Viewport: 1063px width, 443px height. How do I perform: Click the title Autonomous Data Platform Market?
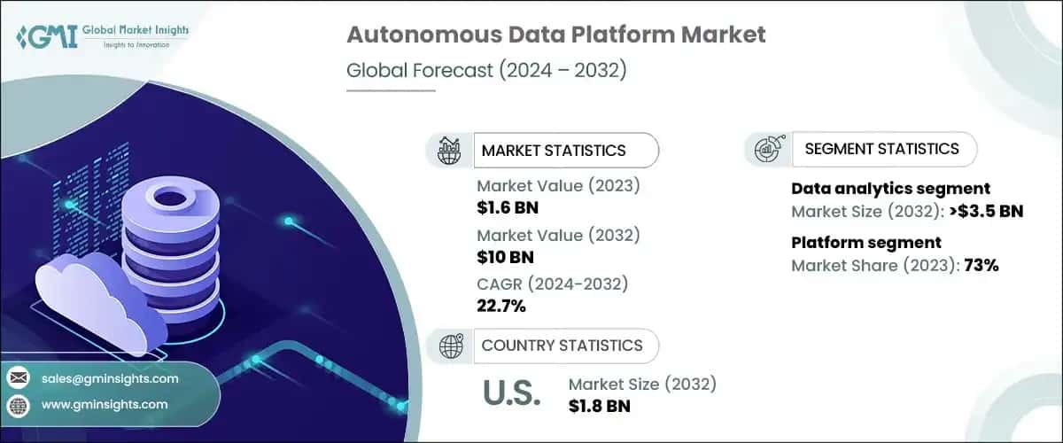[x=555, y=35]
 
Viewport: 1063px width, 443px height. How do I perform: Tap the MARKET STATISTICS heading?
[x=553, y=151]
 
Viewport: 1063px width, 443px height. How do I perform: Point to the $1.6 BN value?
[x=508, y=208]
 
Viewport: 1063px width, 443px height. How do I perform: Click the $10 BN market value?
[x=504, y=258]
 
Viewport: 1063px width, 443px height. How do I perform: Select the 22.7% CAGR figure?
[x=501, y=307]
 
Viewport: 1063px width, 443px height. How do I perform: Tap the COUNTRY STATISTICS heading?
[x=561, y=346]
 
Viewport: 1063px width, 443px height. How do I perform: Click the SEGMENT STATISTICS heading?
[x=881, y=149]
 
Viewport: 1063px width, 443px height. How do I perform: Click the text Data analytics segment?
[x=890, y=189]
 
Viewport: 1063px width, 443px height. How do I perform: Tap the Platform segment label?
[x=865, y=243]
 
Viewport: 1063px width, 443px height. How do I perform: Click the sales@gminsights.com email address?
[x=110, y=378]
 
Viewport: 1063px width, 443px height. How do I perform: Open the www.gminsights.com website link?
[x=104, y=404]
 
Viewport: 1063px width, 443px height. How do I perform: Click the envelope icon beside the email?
[x=18, y=378]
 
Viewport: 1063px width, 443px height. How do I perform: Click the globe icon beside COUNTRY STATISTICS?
[x=452, y=346]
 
